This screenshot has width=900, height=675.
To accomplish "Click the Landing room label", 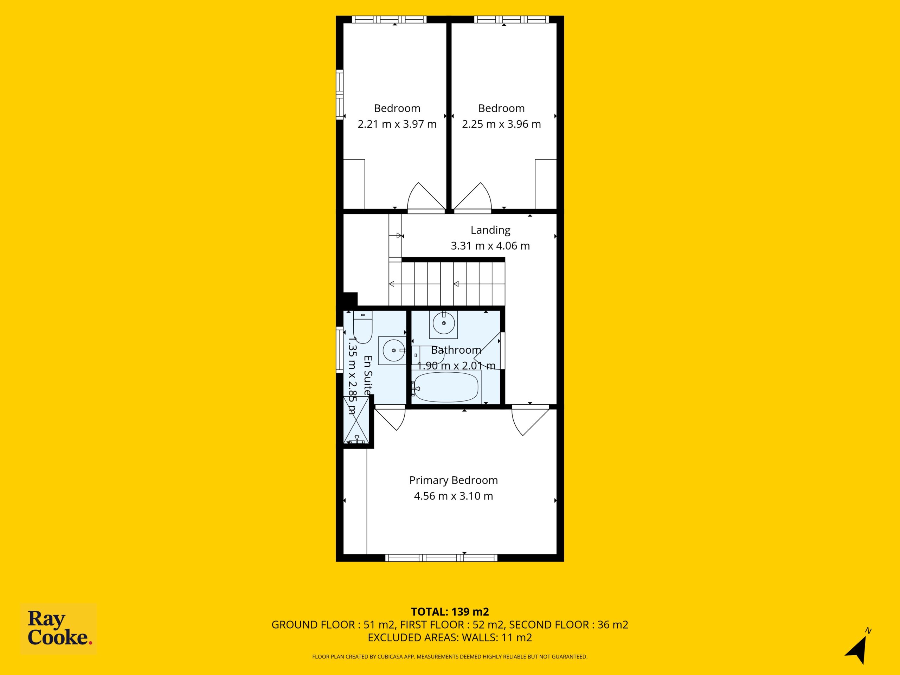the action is pyautogui.click(x=490, y=230).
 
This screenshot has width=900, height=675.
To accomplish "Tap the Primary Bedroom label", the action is pyautogui.click(x=453, y=480).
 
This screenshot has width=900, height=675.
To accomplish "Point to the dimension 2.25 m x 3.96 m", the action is pyautogui.click(x=501, y=124).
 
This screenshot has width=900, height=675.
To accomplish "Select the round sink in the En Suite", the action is pyautogui.click(x=392, y=350).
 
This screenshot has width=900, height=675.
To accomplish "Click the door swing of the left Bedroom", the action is pyautogui.click(x=426, y=197).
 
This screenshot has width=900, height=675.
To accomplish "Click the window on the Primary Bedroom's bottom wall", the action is pyautogui.click(x=441, y=558).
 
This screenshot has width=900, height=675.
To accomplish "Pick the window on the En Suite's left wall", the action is pyautogui.click(x=339, y=350).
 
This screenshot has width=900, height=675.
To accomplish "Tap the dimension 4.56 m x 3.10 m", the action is pyautogui.click(x=453, y=496).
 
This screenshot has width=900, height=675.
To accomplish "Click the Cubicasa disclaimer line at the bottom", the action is pyautogui.click(x=450, y=657).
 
